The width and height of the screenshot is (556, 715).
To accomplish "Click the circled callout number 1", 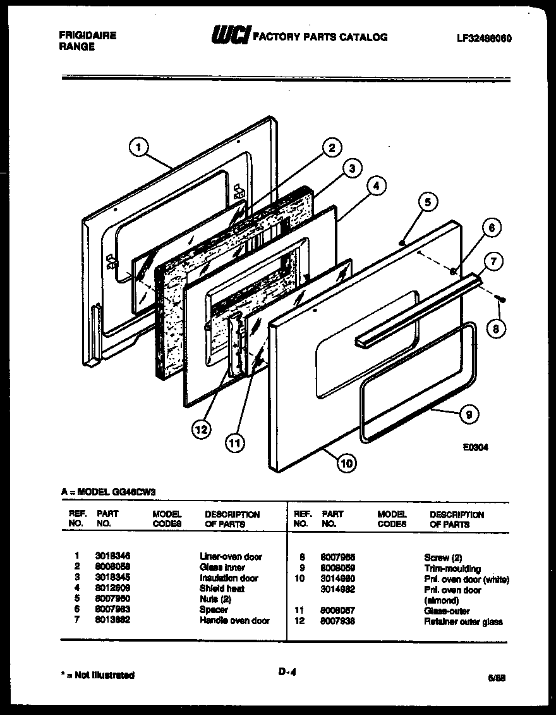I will [x=138, y=147].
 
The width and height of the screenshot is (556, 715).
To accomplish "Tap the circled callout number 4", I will [x=375, y=186].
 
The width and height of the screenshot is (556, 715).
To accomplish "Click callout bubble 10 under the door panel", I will [x=347, y=463].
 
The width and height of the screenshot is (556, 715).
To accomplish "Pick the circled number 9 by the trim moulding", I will [x=468, y=415].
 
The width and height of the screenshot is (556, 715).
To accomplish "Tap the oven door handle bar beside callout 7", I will [x=417, y=308].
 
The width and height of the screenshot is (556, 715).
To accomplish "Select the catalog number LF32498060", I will [x=484, y=38].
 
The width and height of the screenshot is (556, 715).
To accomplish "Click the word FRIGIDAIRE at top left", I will [x=88, y=35].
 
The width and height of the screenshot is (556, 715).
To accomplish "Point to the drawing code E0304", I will [x=476, y=447].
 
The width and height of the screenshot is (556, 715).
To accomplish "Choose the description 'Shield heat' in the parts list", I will [x=222, y=588].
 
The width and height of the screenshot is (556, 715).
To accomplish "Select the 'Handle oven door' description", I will [x=234, y=621].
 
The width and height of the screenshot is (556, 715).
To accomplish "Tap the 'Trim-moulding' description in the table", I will [x=452, y=568].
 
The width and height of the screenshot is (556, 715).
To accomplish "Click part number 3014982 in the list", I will [x=339, y=589].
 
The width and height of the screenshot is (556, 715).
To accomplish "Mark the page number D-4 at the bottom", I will [x=287, y=674].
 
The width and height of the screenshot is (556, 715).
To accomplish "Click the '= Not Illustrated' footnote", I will [x=95, y=675].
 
